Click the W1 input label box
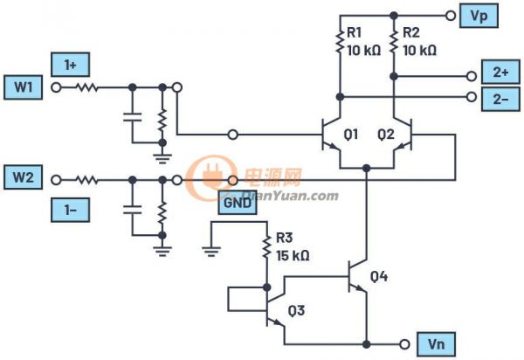click(x=24, y=87)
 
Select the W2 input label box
click(x=24, y=178)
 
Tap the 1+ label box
click(x=69, y=63)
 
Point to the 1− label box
click(x=69, y=211)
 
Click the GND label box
click(x=238, y=203)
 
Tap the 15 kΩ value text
click(x=292, y=257)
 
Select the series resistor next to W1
click(x=86, y=87)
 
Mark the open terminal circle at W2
click(x=59, y=179)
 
